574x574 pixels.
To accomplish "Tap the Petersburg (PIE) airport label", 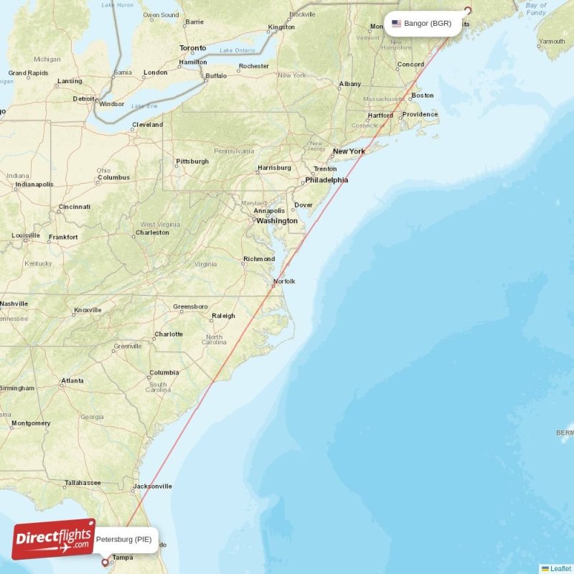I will pos(123,539).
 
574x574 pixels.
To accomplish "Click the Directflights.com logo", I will pos(53,539).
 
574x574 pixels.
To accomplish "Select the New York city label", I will pos(349,151).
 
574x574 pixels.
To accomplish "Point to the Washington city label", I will pos(277,221).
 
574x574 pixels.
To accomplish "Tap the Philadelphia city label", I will pos(326,180).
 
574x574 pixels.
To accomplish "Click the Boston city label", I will pos(423,95).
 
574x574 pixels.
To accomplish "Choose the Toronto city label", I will pos(192,48).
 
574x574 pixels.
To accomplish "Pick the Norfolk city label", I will pos(283,281).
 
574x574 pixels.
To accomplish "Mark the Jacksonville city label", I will pos(152,486).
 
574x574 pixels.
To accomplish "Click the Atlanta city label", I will pos(72,381).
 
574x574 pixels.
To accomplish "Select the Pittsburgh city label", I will pos(192,161).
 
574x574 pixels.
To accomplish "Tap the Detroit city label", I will pos(84,98).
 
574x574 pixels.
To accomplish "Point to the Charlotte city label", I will pos(169,334).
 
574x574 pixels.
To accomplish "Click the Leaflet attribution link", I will pos(560,569).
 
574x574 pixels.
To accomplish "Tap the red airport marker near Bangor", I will pos(468,11).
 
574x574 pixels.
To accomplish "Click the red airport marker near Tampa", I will pos(105,563).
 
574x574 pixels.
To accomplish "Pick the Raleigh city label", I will pos(223,316).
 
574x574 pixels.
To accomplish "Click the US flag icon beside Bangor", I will pos(396,24).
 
